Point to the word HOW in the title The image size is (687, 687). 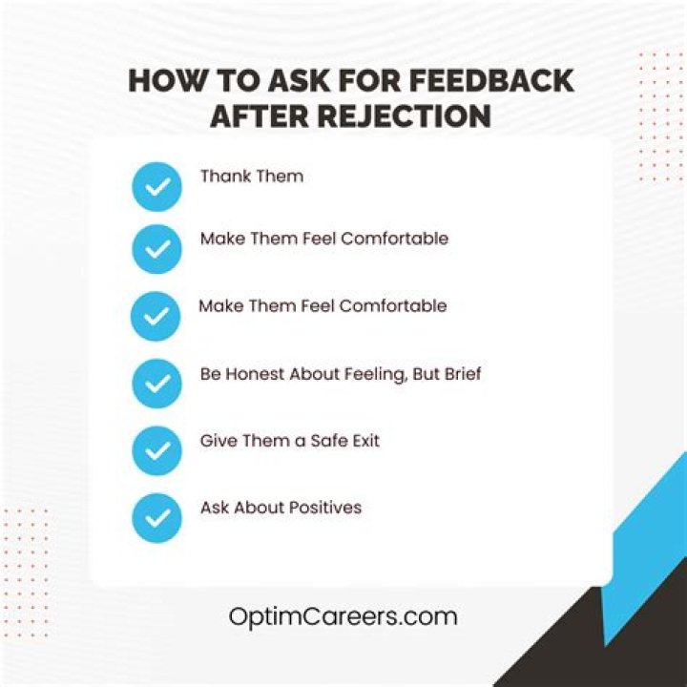click(x=165, y=81)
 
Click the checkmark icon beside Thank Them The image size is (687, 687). click(x=156, y=186)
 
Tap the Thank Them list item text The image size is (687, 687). click(x=251, y=177)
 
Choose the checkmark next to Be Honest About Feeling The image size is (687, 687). click(x=156, y=384)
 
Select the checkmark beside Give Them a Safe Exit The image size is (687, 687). click(x=156, y=449)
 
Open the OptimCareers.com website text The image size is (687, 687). click(x=343, y=616)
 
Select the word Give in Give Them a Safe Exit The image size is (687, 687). click(x=217, y=441)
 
